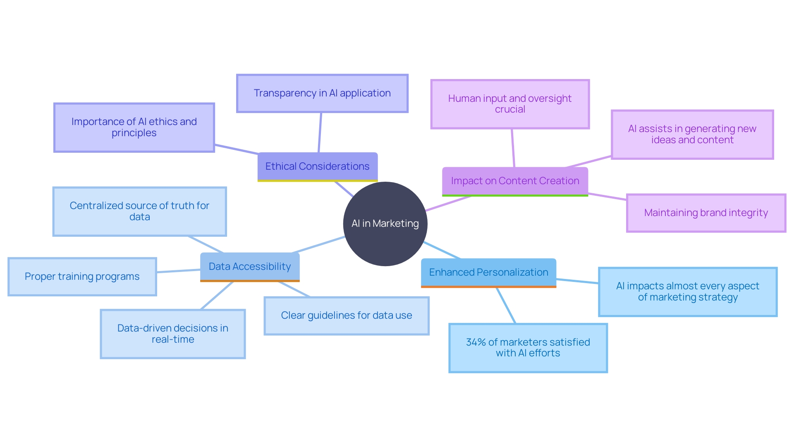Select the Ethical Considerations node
317,166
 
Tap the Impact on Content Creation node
515,181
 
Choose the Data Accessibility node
249,267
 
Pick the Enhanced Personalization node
488,272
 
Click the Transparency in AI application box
322,93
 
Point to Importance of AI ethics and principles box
134,127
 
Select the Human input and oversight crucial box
510,104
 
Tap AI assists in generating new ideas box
692,135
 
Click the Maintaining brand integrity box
706,213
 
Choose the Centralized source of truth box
139,211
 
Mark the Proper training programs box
82,276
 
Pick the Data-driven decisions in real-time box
172,334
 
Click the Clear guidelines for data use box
346,315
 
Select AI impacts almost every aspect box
687,292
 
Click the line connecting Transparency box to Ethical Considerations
320,132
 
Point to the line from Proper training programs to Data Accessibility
178,271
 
